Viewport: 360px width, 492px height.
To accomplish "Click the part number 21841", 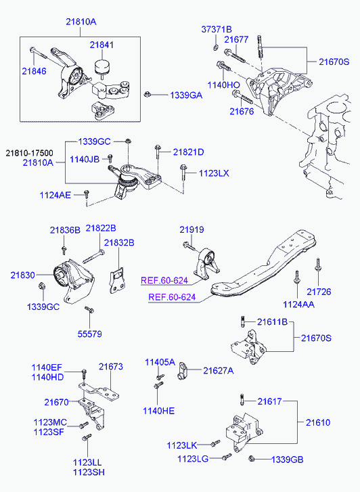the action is [102, 45].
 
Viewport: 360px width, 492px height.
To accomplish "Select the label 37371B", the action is [217, 30].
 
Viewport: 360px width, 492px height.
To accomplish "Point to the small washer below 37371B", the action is [216, 47].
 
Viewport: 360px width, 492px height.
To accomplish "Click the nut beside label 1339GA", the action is [147, 94].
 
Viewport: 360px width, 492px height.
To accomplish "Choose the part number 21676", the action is [242, 112].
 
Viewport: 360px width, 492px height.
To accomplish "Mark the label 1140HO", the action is [223, 85].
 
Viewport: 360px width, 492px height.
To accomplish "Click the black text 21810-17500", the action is [30, 154].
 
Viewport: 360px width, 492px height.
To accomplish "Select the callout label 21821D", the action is [188, 152].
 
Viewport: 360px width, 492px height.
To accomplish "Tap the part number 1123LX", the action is [214, 173].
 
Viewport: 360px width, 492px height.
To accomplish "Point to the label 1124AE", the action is [55, 195].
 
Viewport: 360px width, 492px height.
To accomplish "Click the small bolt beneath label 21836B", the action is [64, 250].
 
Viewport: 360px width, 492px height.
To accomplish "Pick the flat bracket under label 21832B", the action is [117, 280].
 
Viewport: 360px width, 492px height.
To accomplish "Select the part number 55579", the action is [90, 334].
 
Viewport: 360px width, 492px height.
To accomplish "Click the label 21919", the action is [192, 229].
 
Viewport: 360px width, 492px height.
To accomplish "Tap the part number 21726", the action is [319, 292].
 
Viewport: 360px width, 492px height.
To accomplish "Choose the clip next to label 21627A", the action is [182, 371].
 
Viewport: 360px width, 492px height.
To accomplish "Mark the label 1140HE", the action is [158, 411].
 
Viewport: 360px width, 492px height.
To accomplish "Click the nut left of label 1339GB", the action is [251, 458].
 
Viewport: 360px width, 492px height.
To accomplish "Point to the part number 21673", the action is [111, 367].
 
